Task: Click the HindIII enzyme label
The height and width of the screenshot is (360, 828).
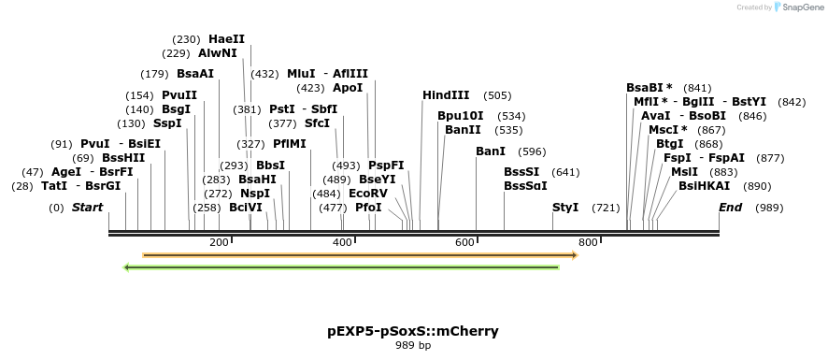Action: (x=446, y=95)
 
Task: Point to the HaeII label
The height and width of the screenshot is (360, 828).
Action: (x=227, y=39)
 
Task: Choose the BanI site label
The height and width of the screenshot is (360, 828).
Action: (x=491, y=151)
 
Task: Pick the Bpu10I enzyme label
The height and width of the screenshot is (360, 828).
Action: (x=461, y=116)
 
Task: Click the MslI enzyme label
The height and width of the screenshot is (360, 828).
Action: (x=684, y=171)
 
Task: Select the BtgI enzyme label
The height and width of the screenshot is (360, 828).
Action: (x=669, y=144)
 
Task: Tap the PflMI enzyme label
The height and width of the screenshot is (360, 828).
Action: (x=290, y=144)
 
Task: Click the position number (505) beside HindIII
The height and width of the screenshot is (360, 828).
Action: (x=497, y=95)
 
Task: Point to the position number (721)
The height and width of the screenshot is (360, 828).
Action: (x=606, y=207)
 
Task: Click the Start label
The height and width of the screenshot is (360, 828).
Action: (x=87, y=207)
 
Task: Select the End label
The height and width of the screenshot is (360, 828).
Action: (x=732, y=207)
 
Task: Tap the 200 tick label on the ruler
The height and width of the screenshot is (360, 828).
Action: (x=220, y=242)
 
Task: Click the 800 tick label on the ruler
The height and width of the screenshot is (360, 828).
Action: (x=588, y=242)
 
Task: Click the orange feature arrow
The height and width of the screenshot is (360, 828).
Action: (x=360, y=254)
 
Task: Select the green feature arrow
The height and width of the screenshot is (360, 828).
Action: (x=341, y=267)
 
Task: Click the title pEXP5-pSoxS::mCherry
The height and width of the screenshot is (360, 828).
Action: (x=412, y=330)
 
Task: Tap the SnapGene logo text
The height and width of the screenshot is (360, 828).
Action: (x=799, y=7)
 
